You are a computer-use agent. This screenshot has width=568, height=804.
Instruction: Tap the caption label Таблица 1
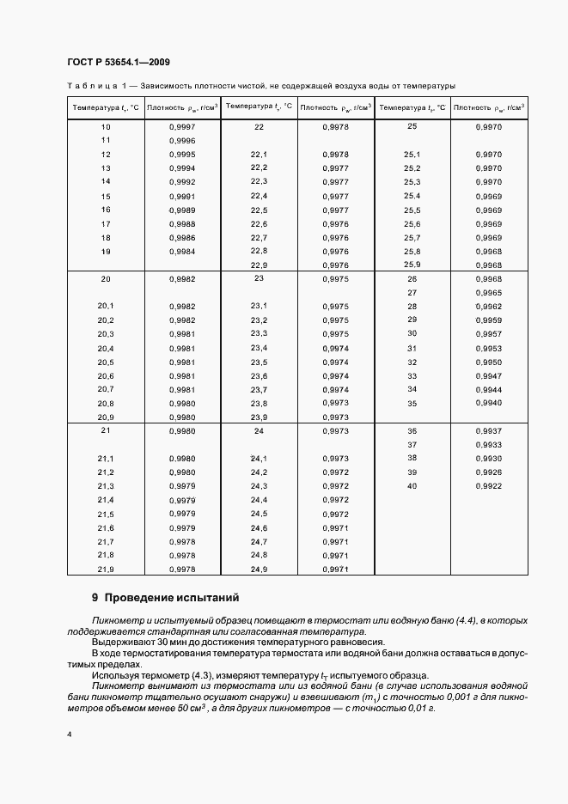(x=97, y=86)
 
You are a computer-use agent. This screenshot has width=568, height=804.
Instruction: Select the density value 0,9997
(x=182, y=126)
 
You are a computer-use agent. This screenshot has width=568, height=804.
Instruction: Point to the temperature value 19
(x=106, y=251)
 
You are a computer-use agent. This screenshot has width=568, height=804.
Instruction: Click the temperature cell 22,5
(x=259, y=210)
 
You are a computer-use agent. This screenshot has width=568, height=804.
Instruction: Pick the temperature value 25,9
(x=412, y=264)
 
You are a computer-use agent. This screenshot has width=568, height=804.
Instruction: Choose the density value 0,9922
(x=488, y=486)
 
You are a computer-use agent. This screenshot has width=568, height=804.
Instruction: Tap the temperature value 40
(x=412, y=486)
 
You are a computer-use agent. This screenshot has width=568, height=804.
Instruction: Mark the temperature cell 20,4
(x=106, y=348)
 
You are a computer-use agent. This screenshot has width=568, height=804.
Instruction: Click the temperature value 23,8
(x=259, y=403)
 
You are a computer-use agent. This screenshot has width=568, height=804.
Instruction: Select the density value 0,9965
(x=488, y=293)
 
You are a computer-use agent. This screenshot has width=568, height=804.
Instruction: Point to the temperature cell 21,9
(x=106, y=569)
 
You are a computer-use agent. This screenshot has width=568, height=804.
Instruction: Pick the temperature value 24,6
(x=259, y=527)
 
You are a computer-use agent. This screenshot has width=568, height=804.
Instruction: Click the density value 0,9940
(x=488, y=403)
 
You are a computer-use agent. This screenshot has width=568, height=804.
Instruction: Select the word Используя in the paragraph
(x=116, y=675)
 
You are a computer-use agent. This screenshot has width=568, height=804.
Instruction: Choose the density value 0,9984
(x=182, y=251)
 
